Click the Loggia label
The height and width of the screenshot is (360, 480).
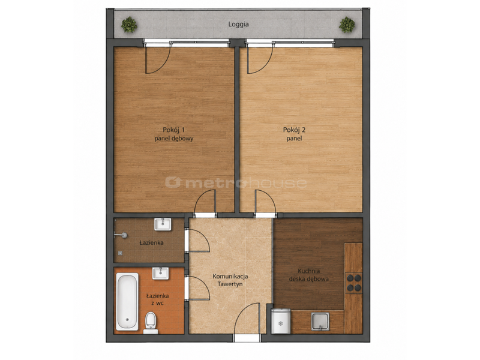click(x=238, y=24)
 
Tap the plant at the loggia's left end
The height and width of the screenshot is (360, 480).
click(x=129, y=25)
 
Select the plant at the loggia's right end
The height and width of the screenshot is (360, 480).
click(x=347, y=25)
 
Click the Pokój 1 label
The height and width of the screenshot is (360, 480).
click(x=173, y=130)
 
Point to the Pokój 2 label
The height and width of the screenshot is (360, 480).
click(x=294, y=130)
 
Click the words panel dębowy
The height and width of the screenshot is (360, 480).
click(x=173, y=139)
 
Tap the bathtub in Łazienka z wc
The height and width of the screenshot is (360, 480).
click(x=127, y=302)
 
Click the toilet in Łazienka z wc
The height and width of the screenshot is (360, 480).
click(x=151, y=323)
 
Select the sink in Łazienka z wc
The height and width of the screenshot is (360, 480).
click(x=160, y=273)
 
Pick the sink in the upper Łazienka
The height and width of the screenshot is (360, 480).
click(x=163, y=224)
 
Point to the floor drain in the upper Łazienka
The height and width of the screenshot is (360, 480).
click(x=121, y=253)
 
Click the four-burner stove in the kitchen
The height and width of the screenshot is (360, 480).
click(x=353, y=283)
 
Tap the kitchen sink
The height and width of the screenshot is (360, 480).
click(x=320, y=322)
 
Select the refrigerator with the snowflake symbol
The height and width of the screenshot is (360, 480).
click(x=281, y=320)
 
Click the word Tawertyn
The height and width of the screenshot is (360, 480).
click(x=230, y=284)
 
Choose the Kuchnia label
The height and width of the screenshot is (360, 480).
click(x=309, y=271)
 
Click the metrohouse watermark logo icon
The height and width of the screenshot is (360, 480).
click(x=173, y=182)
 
